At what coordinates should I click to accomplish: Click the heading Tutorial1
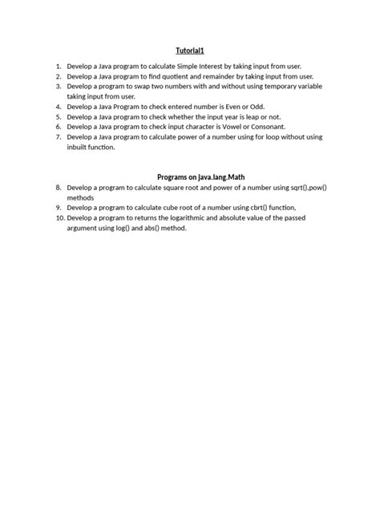tap(190, 51)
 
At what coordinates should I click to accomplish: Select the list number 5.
tap(58, 116)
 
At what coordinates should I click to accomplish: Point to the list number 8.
tap(58, 187)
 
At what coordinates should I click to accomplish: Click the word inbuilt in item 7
tap(79, 148)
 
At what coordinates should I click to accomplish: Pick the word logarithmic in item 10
tap(184, 217)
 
